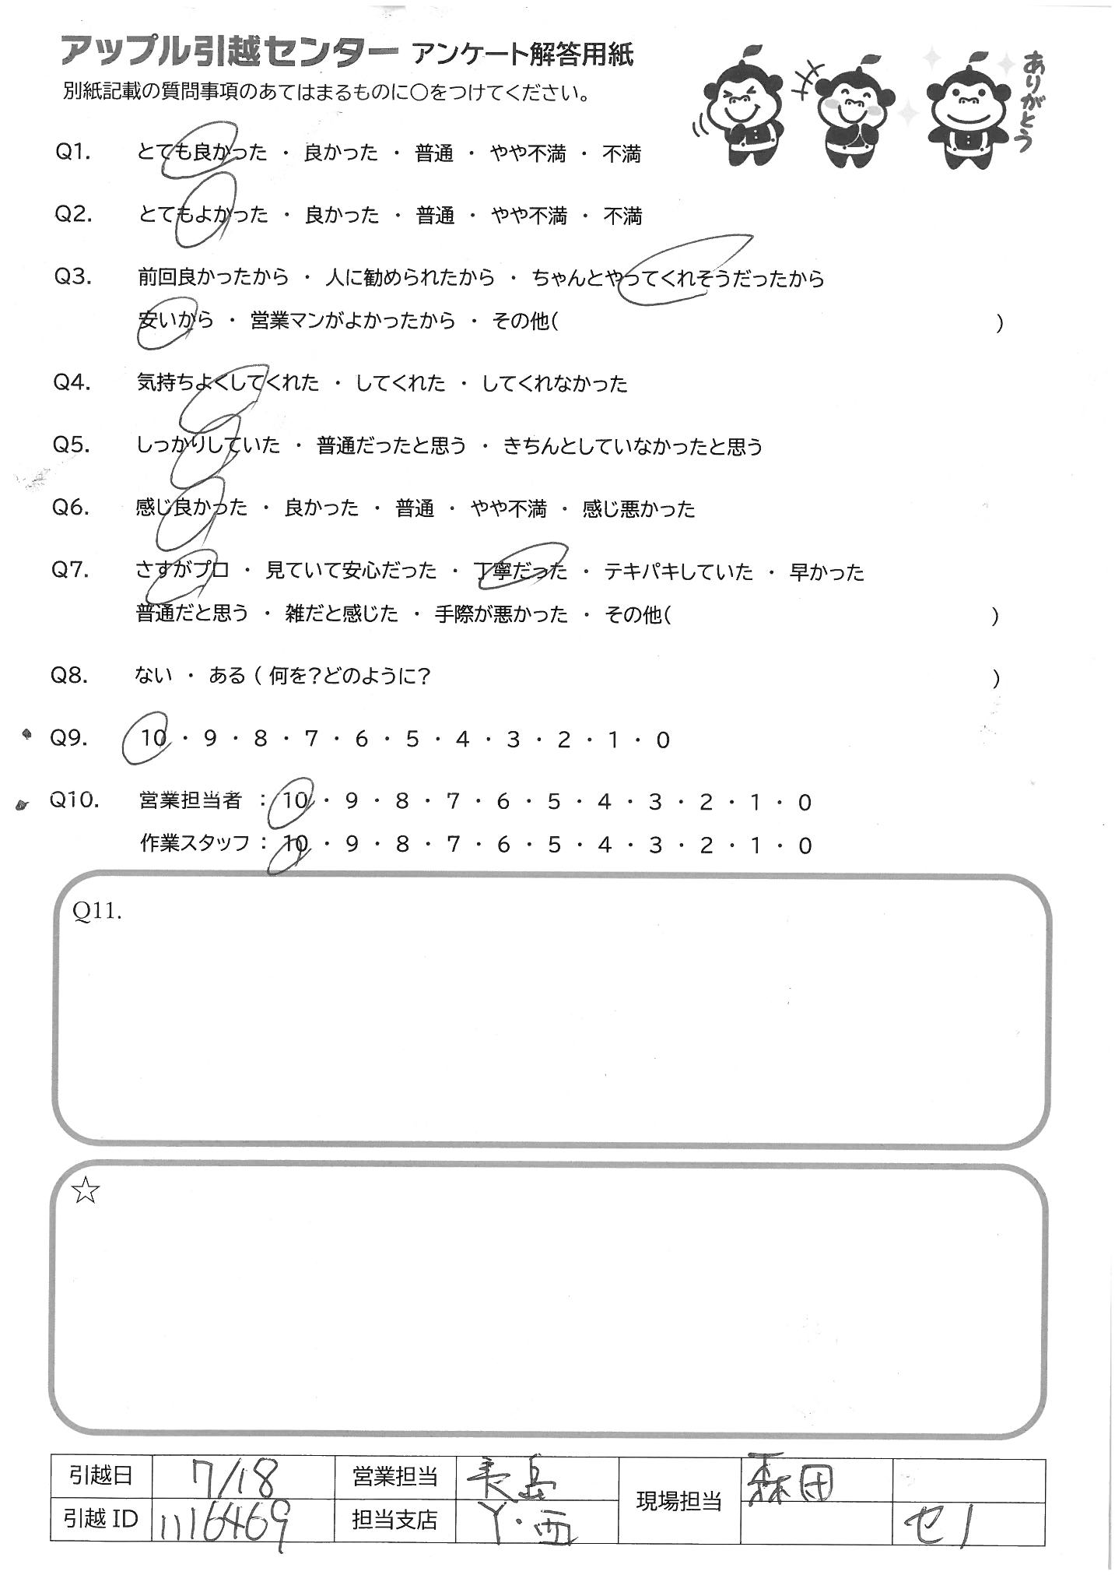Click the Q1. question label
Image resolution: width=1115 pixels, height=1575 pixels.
(74, 153)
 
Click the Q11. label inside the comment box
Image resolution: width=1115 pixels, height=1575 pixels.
(97, 912)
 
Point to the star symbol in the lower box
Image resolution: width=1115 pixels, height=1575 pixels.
(86, 1190)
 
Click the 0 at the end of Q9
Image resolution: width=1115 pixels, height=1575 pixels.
(662, 740)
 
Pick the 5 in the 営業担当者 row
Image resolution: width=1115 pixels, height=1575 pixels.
(553, 802)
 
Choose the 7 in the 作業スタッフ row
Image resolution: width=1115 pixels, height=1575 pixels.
(453, 846)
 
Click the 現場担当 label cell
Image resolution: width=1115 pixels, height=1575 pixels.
(678, 1500)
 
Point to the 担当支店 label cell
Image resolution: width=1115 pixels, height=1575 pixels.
(394, 1521)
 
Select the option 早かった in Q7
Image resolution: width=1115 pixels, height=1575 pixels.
(826, 572)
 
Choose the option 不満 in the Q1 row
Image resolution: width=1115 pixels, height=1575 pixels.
(622, 154)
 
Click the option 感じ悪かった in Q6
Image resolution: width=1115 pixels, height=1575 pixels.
(638, 509)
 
